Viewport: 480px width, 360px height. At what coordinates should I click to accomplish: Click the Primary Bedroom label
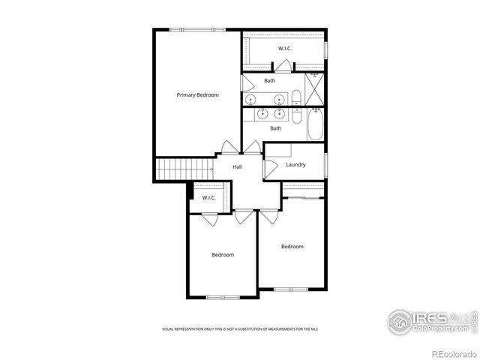coord(197,95)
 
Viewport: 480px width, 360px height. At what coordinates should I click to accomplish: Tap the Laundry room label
coord(295,164)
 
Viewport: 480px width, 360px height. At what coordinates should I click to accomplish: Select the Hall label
coord(237,166)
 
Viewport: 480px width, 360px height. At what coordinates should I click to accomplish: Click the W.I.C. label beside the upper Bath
coord(285,49)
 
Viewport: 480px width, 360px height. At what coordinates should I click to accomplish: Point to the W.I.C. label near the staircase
coord(208,198)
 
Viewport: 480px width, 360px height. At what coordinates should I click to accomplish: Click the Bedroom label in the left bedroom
coord(223,255)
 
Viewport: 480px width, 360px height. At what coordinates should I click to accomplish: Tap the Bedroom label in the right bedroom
coord(292,247)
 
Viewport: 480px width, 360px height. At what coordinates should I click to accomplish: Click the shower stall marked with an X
coord(316,89)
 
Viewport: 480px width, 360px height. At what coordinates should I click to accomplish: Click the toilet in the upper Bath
coord(295,97)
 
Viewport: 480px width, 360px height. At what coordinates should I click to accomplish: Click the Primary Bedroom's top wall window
coord(196,30)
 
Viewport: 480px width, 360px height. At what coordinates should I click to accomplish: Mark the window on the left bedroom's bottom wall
coord(223,297)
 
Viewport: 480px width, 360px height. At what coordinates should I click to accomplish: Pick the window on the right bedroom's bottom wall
coord(291,289)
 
